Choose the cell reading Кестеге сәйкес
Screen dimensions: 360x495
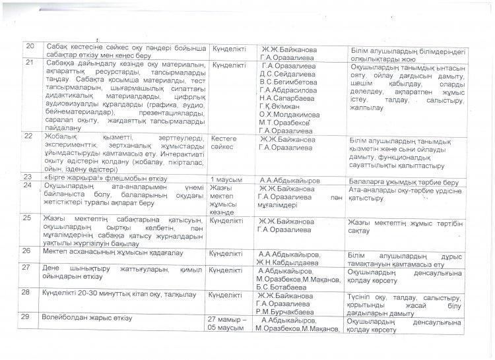click(227, 142)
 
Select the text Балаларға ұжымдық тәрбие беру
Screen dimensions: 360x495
click(397, 179)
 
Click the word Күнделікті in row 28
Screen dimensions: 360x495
click(227, 295)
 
